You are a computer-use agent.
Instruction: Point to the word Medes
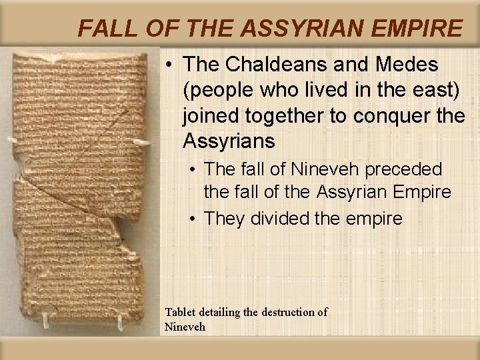pos(399,65)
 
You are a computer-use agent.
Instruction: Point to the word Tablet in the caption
pos(181,312)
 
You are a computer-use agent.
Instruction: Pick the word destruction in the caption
pos(287,312)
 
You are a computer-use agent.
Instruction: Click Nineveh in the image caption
pos(185,327)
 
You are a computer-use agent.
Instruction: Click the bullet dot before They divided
pos(193,219)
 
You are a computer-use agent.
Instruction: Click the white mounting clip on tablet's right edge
pos(141,141)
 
